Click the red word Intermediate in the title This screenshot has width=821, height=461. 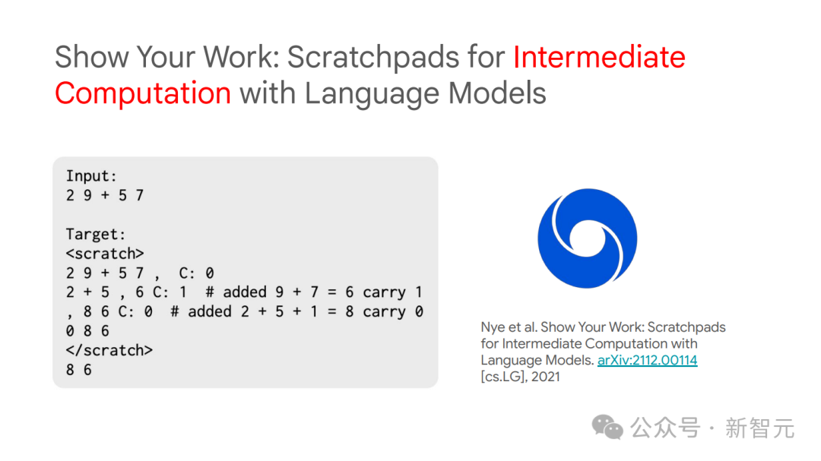599,57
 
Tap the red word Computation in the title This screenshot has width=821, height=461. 143,93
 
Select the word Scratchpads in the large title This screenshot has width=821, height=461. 373,58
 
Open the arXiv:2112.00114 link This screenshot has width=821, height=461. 647,360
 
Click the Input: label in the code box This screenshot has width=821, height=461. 91,176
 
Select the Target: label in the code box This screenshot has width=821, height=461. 96,235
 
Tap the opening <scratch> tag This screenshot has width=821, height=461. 105,254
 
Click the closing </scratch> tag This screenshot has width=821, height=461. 109,350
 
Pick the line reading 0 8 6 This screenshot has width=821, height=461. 87,330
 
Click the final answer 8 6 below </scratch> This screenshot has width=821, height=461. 78,369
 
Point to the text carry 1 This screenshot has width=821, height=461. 393,292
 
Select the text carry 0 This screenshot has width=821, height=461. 393,312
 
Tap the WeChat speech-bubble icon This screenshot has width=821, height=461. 607,427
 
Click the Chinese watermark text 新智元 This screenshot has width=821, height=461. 759,428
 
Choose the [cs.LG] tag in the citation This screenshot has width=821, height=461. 503,377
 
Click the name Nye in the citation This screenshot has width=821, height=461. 493,327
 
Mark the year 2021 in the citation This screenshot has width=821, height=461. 546,377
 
